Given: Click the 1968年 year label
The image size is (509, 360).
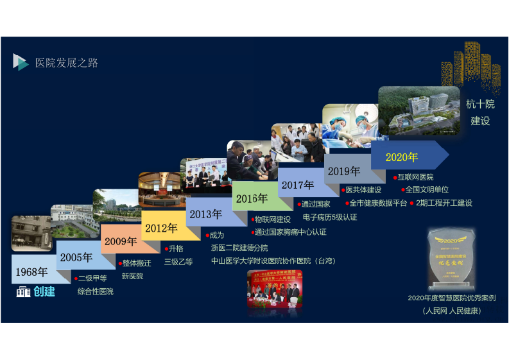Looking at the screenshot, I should tap(31, 271).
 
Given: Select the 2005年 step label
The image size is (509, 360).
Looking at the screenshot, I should tap(76, 257).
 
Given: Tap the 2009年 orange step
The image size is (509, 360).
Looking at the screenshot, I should tap(121, 242).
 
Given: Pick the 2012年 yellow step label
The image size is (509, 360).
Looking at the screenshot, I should tap(160, 228).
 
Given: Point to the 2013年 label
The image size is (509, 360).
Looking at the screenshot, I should tap(205, 214).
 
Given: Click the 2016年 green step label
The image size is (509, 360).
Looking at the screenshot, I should tap(251, 199).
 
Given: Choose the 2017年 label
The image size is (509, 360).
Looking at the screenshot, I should tap(298, 185).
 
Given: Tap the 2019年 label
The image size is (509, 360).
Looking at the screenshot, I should tap(343, 171).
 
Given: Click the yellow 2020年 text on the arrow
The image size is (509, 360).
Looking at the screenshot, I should tap(401, 157).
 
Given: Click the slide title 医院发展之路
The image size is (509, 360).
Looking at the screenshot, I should tap(67, 63).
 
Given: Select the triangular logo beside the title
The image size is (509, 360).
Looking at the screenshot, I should tap(21, 62).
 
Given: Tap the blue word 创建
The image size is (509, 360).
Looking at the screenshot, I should tap(44, 292).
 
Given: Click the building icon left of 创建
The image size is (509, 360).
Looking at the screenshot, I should tap(23, 293).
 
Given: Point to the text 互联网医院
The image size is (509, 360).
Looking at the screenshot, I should tap(415, 177).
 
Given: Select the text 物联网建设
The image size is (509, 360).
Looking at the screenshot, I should tap(272, 219).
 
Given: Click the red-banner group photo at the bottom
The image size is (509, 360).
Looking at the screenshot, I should tap(275, 289).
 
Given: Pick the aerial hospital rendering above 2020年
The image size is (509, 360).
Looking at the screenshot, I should tap(418, 112).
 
